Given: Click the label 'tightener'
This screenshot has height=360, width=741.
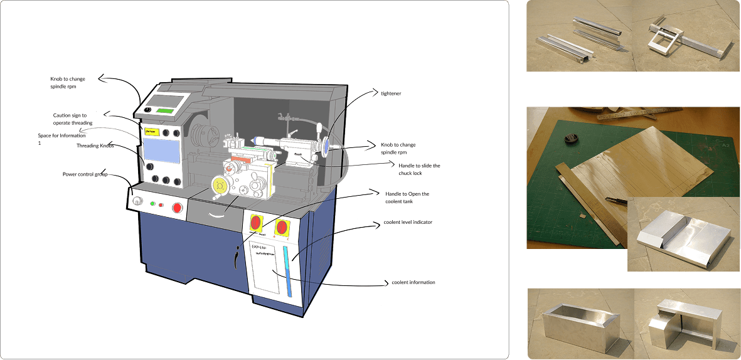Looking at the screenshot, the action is coord(391,93).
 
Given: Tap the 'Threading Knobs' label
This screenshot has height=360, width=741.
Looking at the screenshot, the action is coord(95,146).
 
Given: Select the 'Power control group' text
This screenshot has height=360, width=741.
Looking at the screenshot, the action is coord(85,174).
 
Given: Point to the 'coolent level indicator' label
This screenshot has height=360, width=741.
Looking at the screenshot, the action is coord(408,223).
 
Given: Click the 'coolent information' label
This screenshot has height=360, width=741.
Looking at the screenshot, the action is coord(413,282).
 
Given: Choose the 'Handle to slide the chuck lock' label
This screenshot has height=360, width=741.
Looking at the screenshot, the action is coord(419,169).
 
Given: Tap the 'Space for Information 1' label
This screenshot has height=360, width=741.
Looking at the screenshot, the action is coord(61,139).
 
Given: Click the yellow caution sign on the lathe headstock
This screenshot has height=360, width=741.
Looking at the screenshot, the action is coord(152,132).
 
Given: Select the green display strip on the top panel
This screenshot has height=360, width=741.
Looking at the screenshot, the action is coord(166,111).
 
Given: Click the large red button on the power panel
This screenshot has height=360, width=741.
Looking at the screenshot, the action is coord(177,208).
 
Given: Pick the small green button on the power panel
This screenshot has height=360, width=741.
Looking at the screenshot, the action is coord(152,203).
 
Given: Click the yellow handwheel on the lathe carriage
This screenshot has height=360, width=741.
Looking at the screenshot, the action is coord(220,185).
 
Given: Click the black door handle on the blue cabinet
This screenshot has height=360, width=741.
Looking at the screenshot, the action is coord(236,257).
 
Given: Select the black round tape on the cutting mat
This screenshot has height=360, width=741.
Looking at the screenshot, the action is coord(571,140).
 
